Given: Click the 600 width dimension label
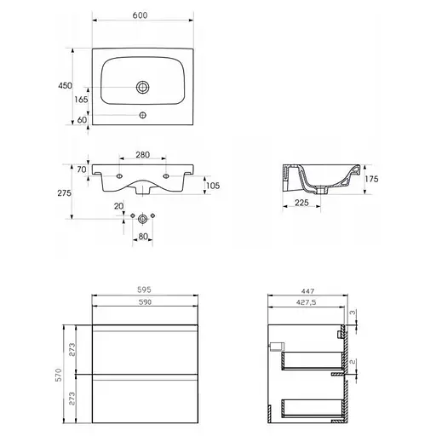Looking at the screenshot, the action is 140,15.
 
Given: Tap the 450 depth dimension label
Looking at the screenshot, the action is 65,85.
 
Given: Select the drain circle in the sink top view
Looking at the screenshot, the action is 143,87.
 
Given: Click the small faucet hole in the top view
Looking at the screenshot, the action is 143,115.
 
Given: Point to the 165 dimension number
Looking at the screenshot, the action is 81,100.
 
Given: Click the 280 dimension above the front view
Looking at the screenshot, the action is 142,155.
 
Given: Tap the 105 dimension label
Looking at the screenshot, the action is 213,186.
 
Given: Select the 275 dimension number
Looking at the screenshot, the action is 64,193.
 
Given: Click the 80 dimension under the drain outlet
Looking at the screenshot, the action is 143,237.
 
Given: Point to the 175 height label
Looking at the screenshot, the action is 371,179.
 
